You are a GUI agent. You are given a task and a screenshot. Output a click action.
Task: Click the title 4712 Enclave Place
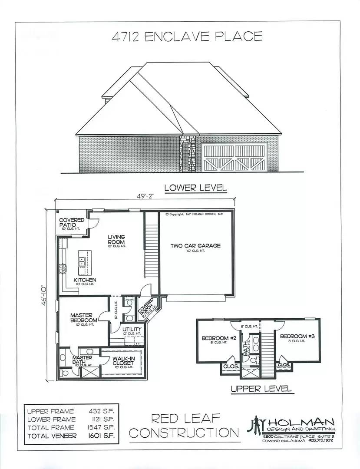pos(187,36)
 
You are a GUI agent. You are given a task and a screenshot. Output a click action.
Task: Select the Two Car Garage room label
pos(195,246)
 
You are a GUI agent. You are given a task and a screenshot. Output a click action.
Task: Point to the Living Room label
pos(116,239)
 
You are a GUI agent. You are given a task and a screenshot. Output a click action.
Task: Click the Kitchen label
pos(85,280)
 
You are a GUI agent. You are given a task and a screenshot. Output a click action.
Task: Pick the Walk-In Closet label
pos(123,361)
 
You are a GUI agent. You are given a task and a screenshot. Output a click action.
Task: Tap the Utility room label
pos(132,330)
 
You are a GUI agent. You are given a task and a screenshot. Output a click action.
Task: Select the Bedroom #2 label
pos(218,337)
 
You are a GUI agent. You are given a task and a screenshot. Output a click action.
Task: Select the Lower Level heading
pos(195,188)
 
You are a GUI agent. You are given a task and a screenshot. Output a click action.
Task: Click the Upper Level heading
pos(261,389)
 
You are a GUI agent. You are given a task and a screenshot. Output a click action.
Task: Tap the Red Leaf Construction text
pos(185,426)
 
